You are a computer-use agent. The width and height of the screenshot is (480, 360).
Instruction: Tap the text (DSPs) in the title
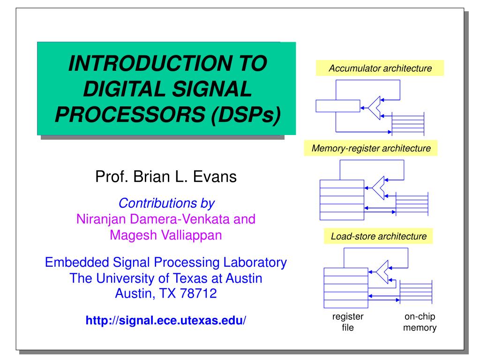click(247, 113)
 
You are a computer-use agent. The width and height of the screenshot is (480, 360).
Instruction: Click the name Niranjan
click(98, 219)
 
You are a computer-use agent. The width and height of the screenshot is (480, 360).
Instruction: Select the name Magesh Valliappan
click(165, 234)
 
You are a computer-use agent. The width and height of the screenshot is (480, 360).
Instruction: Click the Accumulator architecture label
click(380, 68)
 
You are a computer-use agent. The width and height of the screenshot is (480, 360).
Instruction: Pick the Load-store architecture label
click(379, 236)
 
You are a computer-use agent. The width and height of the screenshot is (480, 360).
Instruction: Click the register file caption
click(348, 322)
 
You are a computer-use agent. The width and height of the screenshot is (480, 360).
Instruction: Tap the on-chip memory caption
click(420, 322)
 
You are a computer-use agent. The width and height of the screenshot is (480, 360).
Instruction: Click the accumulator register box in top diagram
click(338, 106)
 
